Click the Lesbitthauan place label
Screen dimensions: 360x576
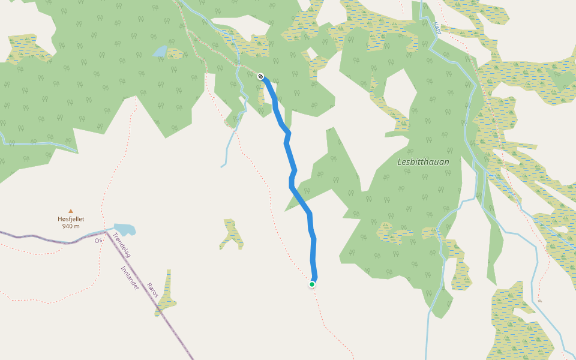423,162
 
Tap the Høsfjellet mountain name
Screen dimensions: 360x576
71,219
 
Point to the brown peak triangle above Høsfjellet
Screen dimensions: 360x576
71,211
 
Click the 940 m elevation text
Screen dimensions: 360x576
71,226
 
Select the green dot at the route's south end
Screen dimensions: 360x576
312,284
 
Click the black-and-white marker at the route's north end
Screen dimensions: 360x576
261,76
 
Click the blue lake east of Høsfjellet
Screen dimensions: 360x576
125,229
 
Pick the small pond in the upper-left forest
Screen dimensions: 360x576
160,51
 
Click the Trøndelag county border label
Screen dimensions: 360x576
121,245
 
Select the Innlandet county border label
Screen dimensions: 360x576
130,278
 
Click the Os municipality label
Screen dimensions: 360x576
98,241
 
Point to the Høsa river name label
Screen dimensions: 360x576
437,28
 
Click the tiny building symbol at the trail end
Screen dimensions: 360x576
539,301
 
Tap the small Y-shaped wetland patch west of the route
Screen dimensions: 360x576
232,235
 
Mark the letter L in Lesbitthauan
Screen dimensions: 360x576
400,162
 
